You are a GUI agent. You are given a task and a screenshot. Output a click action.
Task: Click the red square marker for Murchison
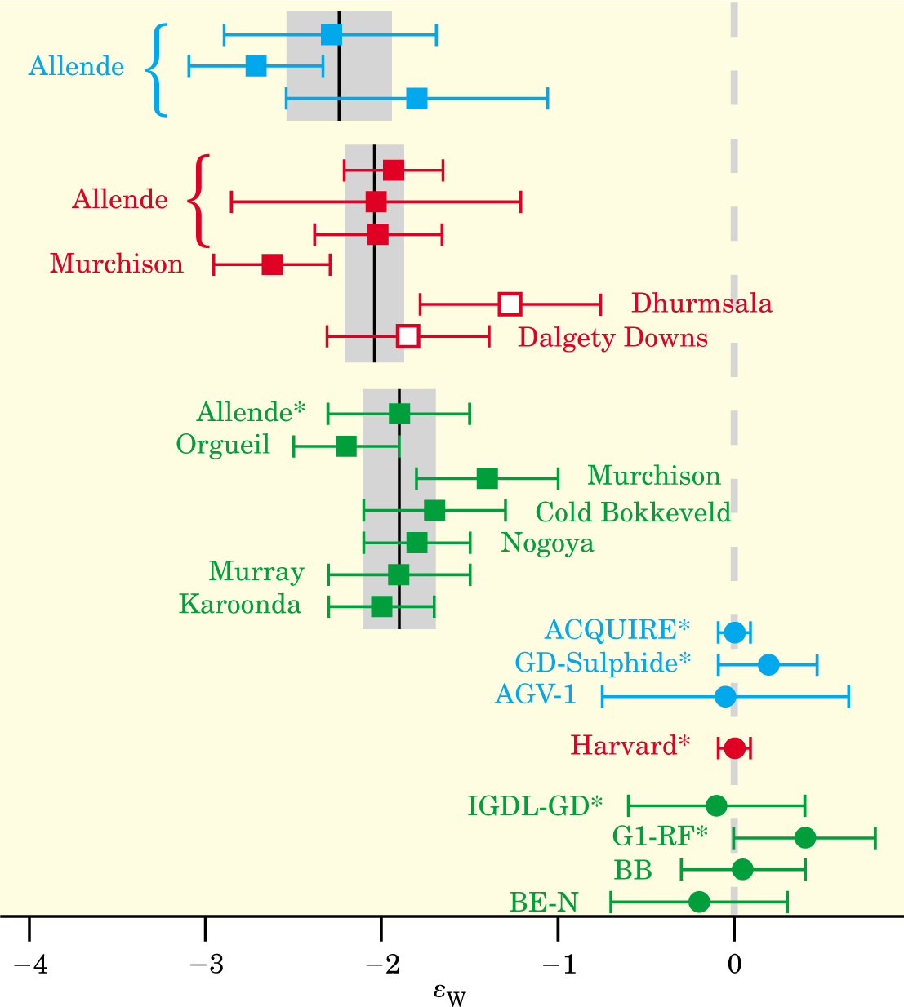point(272,264)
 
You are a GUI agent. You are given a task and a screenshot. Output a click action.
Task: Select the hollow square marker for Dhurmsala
point(510,304)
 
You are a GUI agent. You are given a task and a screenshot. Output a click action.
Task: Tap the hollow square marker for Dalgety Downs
point(408,336)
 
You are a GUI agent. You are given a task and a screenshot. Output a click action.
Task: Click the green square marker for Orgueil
point(346,446)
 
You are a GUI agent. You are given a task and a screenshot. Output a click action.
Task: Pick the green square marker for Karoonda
point(381,606)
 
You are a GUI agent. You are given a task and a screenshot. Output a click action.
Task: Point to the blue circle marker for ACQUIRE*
point(735,632)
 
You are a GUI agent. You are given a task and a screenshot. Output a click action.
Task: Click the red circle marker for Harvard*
point(735,747)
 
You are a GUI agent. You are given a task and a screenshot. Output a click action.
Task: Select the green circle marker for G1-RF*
point(805,837)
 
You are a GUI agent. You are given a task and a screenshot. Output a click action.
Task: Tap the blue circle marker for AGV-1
point(725,697)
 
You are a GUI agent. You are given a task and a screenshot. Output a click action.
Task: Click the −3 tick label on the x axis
point(205,965)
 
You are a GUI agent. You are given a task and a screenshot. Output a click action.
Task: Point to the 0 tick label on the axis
point(734,965)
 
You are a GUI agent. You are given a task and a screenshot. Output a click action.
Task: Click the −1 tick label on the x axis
point(557,965)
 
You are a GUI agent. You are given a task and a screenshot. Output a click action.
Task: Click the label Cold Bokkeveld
point(633,512)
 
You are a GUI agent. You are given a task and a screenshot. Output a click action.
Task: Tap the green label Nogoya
point(547,543)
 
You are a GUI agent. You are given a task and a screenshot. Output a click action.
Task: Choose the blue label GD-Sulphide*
point(603,663)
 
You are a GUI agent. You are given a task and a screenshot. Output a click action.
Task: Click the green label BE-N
point(543,902)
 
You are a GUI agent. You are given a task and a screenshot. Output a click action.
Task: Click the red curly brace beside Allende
point(198,201)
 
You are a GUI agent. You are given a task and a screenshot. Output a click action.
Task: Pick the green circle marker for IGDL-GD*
point(716,805)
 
